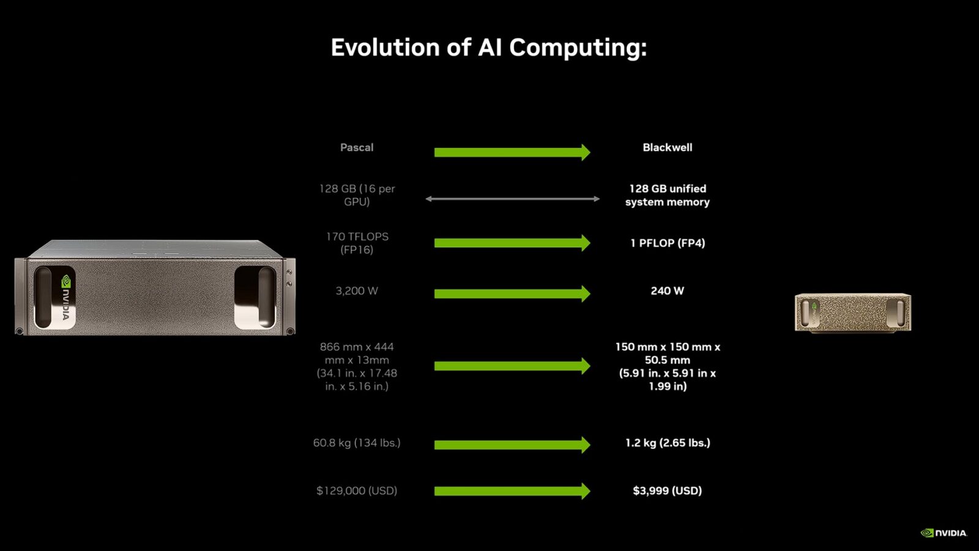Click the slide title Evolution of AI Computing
point(489,47)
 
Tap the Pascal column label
point(357,147)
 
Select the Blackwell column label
point(668,147)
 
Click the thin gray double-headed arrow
point(512,199)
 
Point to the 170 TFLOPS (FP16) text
point(357,243)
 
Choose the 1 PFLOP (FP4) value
point(668,243)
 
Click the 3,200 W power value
point(357,291)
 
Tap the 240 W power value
point(668,291)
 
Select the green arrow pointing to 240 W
point(512,294)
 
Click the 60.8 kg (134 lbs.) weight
point(357,443)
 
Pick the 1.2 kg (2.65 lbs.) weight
point(668,443)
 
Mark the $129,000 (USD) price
point(357,490)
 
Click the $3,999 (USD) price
point(668,490)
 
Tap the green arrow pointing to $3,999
point(512,491)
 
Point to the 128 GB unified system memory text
point(668,195)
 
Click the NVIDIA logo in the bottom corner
point(944,533)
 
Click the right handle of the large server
point(255,297)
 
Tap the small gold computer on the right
point(853,313)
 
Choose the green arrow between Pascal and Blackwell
point(512,152)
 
